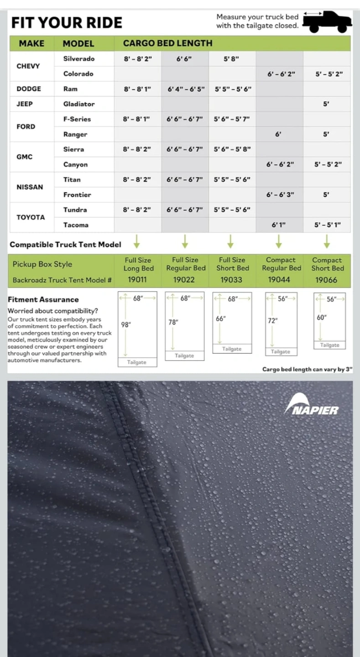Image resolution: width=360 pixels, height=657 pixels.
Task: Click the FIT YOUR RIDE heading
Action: (67, 23)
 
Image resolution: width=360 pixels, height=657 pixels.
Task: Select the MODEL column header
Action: (78, 44)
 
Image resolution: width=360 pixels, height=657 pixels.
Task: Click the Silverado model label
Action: (79, 58)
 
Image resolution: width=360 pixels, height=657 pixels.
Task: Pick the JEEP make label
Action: (25, 104)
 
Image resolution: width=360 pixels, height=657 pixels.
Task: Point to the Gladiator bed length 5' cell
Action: (326, 104)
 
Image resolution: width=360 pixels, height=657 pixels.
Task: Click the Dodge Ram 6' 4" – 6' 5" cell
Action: (185, 89)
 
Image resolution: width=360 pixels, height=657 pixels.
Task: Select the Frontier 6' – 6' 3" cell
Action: (280, 195)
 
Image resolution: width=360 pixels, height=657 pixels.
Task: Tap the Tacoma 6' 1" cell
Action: (279, 225)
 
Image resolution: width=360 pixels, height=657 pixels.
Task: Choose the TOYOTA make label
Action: (31, 217)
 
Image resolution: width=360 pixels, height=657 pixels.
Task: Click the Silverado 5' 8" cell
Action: (231, 58)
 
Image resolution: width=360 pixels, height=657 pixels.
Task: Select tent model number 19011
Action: (137, 280)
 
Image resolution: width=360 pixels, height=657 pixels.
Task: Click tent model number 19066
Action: (327, 280)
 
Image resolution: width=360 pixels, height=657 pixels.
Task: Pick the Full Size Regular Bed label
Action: (186, 264)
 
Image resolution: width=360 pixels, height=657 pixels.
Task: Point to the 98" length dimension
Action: (126, 325)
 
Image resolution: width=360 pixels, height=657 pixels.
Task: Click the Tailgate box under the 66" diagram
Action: (232, 349)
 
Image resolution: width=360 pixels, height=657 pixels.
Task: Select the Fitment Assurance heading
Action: (43, 300)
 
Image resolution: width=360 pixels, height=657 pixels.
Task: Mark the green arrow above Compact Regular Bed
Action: (279, 240)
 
